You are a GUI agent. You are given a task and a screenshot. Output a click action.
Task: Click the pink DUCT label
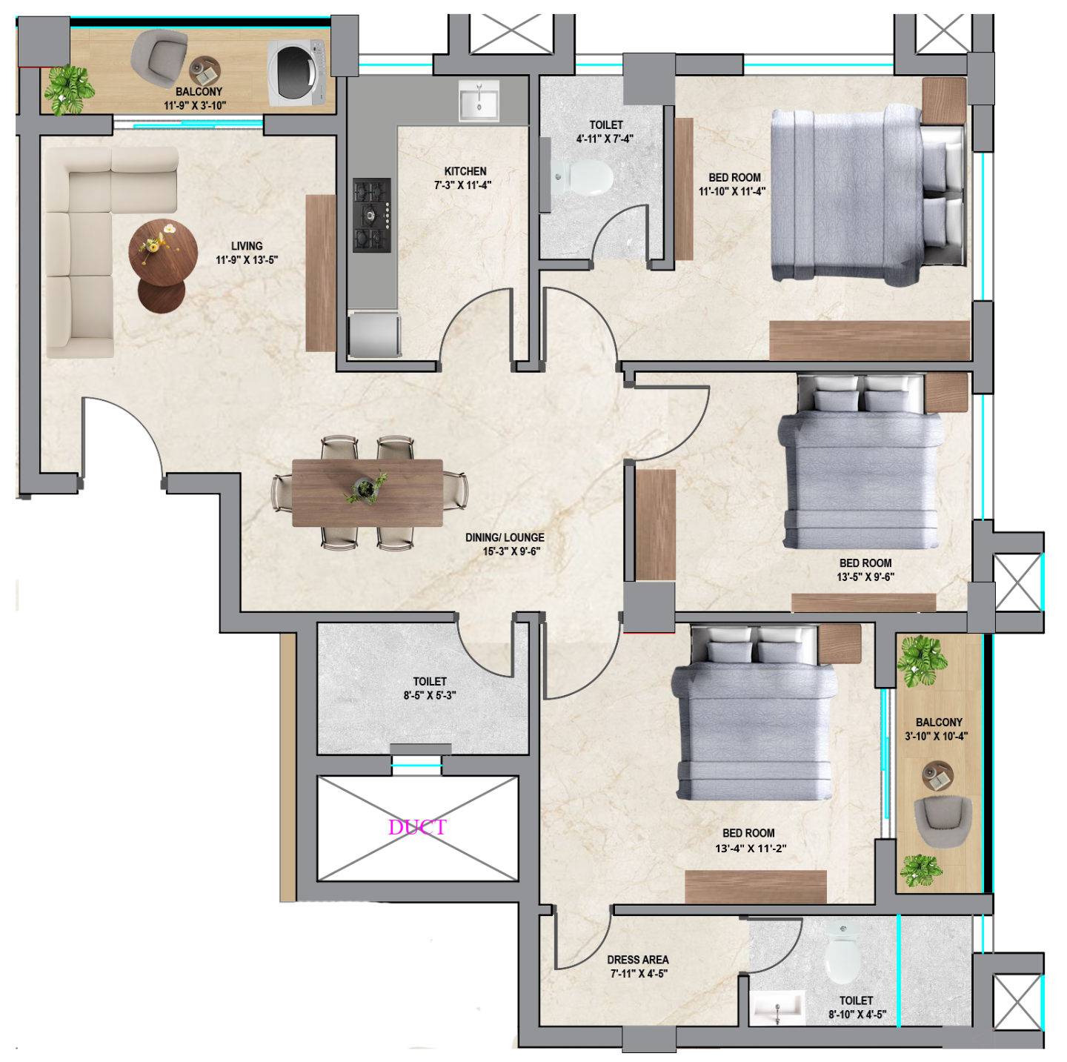pyautogui.click(x=417, y=827)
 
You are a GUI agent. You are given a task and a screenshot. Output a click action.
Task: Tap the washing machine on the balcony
pyautogui.click(x=296, y=73)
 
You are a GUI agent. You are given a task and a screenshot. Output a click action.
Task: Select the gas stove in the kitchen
pyautogui.click(x=372, y=215)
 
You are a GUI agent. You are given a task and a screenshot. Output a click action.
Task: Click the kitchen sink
pyautogui.click(x=479, y=100)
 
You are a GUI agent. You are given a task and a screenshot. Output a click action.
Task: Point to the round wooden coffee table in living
pyautogui.click(x=163, y=253)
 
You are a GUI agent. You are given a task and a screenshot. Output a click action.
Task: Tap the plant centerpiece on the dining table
pyautogui.click(x=366, y=488)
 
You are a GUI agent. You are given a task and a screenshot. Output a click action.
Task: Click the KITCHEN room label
pyautogui.click(x=465, y=172)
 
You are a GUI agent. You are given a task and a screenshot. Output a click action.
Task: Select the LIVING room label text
pyautogui.click(x=247, y=246)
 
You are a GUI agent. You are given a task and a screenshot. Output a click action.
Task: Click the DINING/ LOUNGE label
pyautogui.click(x=505, y=537)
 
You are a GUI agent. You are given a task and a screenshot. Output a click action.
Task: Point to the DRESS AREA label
pyautogui.click(x=638, y=960)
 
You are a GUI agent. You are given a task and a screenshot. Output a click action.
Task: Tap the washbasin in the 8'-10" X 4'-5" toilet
pyautogui.click(x=777, y=1007)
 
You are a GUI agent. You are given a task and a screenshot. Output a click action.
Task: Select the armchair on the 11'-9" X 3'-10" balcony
pyautogui.click(x=159, y=58)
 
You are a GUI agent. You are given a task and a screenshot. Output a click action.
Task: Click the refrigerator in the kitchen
pyautogui.click(x=374, y=334)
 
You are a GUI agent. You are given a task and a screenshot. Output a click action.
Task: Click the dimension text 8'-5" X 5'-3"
pyautogui.click(x=430, y=695)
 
